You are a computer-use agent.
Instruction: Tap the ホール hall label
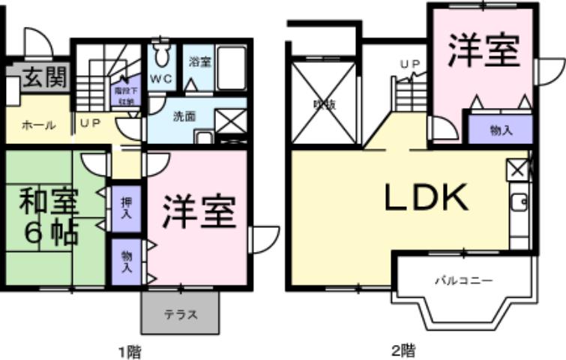click(x=38, y=126)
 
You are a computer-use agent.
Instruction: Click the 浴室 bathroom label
click(x=200, y=61)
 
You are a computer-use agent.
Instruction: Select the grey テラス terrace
click(x=181, y=313)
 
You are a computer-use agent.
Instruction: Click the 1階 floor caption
click(x=130, y=350)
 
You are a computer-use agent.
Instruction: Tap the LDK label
click(x=427, y=197)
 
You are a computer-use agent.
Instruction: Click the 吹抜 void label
click(x=325, y=105)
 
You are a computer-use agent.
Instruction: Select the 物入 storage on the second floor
click(x=501, y=130)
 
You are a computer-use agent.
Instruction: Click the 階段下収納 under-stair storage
click(x=124, y=94)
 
